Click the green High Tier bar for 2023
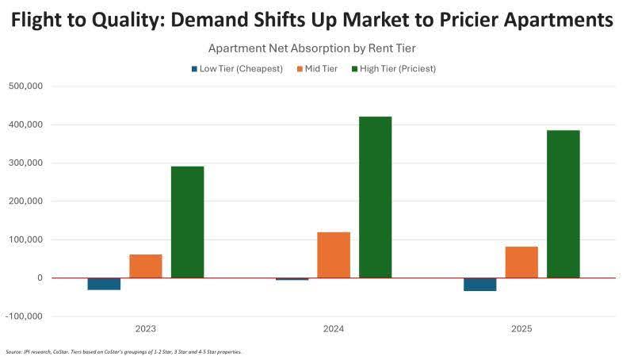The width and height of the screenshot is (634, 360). (x=187, y=222)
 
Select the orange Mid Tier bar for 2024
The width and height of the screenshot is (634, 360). (x=334, y=255)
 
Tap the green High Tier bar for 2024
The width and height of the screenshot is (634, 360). (x=375, y=197)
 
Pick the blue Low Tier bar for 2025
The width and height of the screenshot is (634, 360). (x=479, y=284)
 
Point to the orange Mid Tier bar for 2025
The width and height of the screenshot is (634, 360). (x=521, y=262)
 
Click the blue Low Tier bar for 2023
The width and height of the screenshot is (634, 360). (x=104, y=284)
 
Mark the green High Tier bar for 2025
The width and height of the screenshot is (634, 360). (x=563, y=204)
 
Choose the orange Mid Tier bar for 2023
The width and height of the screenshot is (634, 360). (x=146, y=266)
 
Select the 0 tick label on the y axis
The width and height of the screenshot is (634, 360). (x=39, y=278)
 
